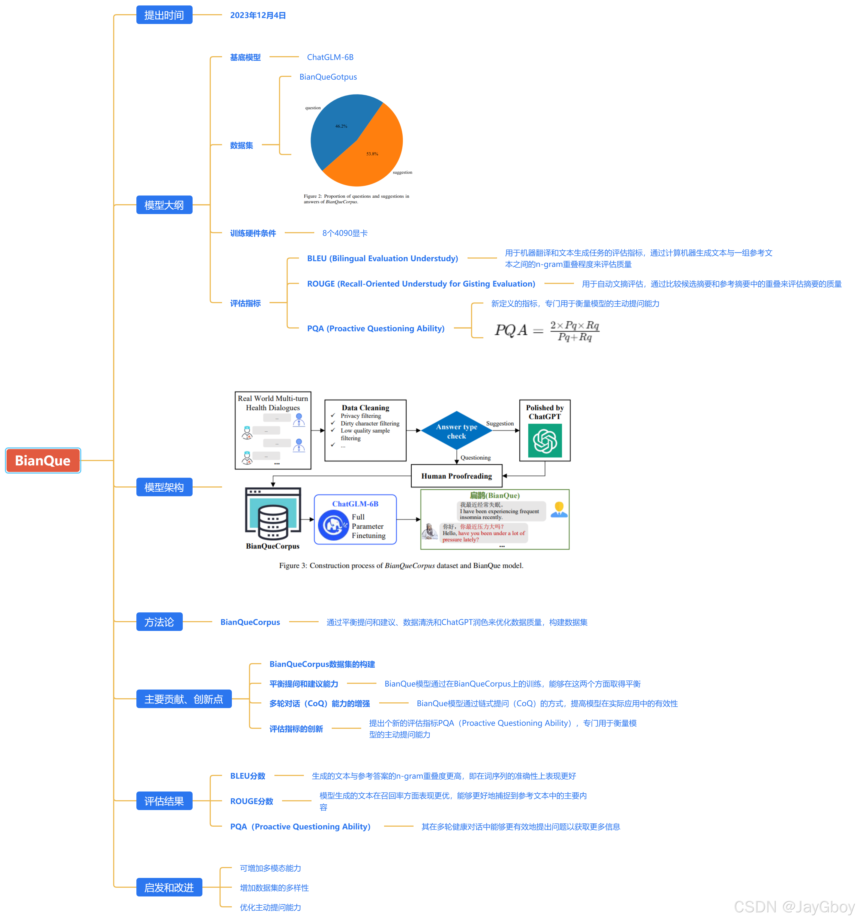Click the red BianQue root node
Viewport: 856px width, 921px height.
click(43, 460)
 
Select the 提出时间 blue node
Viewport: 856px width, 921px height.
click(164, 15)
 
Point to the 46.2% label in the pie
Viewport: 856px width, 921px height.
click(341, 126)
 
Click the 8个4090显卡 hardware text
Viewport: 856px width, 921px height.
click(345, 233)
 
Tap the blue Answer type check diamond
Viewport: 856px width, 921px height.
click(456, 431)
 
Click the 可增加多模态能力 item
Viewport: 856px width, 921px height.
click(270, 868)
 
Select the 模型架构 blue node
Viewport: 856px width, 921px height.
click(164, 487)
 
